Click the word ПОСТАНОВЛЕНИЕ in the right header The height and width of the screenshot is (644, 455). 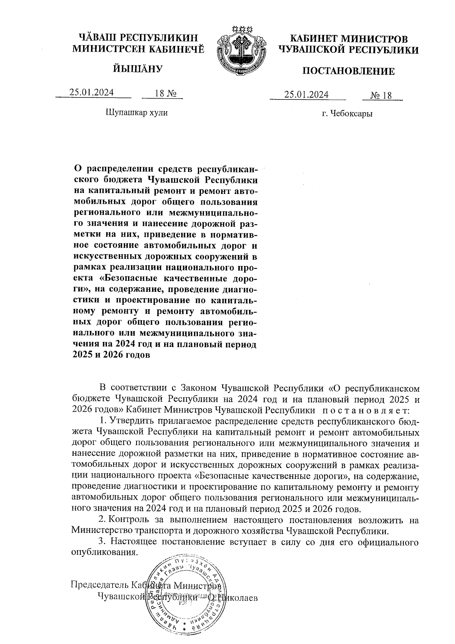[348, 71]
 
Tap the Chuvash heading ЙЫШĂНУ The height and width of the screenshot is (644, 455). [138, 69]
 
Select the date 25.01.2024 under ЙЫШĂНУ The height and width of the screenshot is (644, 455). [92, 93]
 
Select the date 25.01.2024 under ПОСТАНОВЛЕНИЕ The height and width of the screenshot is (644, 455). [306, 94]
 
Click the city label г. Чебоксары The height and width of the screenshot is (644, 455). [347, 113]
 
